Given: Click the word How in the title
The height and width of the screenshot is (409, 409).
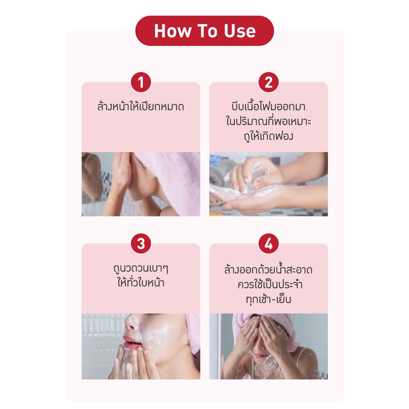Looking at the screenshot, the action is coord(173,31).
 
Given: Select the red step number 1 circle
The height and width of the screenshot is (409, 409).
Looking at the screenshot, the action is coord(141,82).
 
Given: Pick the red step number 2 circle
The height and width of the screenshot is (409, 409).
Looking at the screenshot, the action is coord(268,82).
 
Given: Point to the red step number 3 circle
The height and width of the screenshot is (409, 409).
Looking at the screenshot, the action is coord(141,244).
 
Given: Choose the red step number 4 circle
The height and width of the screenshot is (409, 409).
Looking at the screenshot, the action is coord(268,244).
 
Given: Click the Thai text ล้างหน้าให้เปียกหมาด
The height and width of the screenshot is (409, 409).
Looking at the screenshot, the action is coord(141,106).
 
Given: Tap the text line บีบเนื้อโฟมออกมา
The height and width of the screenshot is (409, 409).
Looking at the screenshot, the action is coord(268,106).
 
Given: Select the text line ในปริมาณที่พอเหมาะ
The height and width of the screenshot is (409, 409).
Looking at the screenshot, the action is coord(268,121).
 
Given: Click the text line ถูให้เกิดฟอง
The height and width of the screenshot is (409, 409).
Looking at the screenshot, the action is coord(268,136).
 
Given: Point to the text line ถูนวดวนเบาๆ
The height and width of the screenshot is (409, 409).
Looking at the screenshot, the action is coord(141,268).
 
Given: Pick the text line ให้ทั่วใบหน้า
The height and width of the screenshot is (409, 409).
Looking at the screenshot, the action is coord(141,283).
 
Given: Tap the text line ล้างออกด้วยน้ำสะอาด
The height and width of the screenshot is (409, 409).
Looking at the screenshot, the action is coord(268,269).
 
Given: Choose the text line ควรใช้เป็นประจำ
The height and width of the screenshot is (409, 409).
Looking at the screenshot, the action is coord(270,284).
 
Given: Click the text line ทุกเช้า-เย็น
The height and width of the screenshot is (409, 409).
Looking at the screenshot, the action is coord(268,299).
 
